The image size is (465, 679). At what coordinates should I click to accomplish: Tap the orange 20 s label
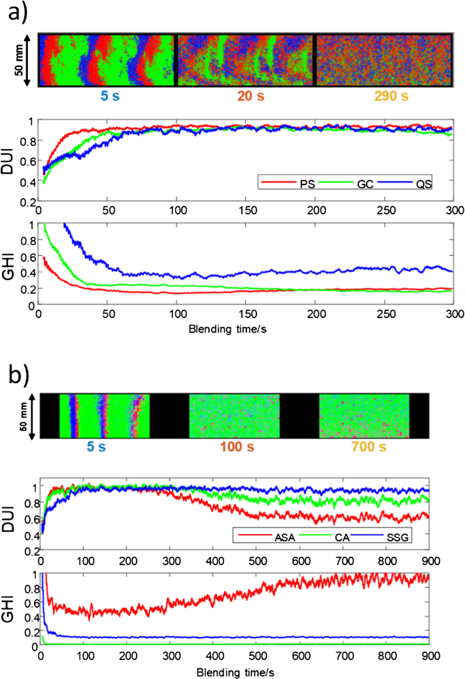click(x=245, y=97)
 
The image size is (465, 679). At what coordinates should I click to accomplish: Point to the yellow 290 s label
click(x=384, y=97)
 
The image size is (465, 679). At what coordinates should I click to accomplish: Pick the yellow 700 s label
click(x=364, y=448)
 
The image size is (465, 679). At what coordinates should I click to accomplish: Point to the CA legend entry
click(x=347, y=537)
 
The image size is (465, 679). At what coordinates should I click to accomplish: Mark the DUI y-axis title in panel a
click(x=15, y=160)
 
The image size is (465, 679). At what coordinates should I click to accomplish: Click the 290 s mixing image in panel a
click(x=384, y=60)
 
